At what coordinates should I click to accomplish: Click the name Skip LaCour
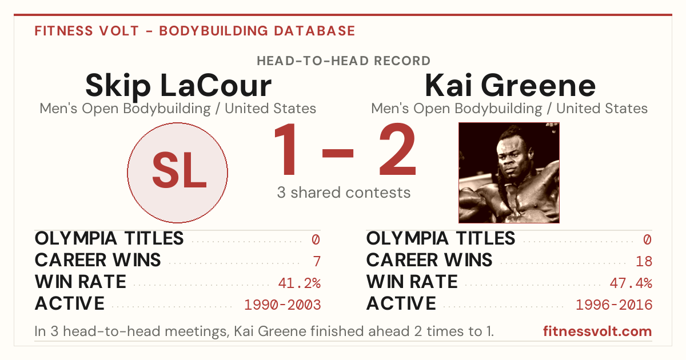click(178, 86)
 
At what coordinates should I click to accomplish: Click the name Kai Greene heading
click(510, 85)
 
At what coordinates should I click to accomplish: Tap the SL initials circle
click(178, 173)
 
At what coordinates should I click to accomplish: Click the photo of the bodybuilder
click(509, 173)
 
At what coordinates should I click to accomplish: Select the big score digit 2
click(397, 149)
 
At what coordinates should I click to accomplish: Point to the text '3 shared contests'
click(344, 193)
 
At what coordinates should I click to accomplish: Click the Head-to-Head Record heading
click(344, 61)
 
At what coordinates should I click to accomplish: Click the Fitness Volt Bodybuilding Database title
click(195, 31)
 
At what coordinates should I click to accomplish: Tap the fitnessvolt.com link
click(597, 331)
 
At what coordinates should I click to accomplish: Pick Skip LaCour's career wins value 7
click(317, 261)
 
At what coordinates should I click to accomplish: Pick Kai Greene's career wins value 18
click(644, 261)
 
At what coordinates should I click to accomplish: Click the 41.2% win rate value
click(299, 283)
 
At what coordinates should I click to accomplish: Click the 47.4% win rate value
click(631, 283)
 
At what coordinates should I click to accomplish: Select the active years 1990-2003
click(282, 305)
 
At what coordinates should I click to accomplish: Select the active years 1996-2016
click(614, 305)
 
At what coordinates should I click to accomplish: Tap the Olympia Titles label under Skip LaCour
click(109, 238)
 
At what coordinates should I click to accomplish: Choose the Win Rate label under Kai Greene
click(412, 282)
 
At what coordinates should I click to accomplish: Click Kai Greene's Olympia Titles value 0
click(647, 239)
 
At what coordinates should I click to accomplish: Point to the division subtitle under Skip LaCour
click(178, 109)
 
